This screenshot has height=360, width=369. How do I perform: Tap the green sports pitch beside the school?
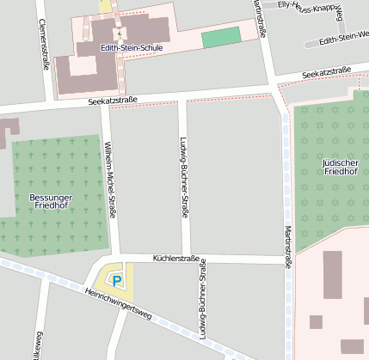221,37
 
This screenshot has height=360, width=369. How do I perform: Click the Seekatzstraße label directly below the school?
113,101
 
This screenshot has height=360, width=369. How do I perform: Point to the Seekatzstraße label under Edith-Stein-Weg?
328,71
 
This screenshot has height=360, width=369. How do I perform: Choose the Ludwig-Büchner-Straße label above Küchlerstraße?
184,172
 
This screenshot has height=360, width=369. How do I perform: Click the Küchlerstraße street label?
175,258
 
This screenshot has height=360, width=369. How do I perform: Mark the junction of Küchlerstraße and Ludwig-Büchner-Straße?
186,259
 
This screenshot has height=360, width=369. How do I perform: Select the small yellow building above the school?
106,6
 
